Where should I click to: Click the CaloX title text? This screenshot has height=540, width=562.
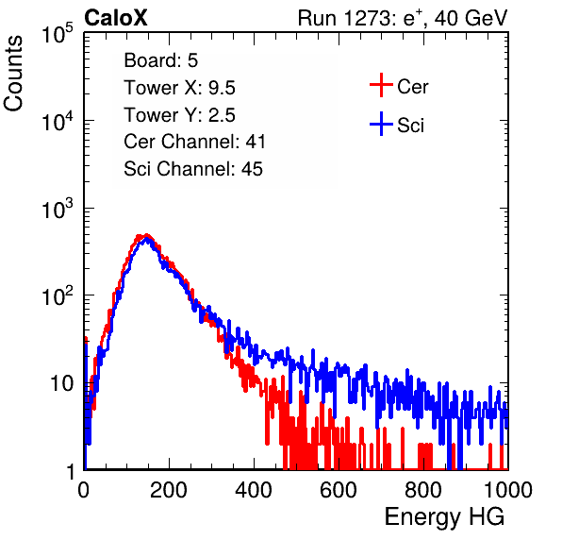[115, 18]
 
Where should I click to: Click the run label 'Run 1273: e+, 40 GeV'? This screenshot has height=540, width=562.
[403, 18]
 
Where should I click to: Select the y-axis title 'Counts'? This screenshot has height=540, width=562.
[13, 74]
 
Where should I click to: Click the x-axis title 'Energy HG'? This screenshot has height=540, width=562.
[444, 517]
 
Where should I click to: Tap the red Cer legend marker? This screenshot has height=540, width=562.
[381, 85]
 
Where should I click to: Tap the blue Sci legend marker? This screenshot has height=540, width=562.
[381, 125]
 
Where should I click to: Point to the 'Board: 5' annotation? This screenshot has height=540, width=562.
[161, 60]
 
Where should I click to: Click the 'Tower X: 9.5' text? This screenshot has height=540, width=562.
[179, 88]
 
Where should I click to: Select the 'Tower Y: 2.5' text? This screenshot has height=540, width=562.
[179, 115]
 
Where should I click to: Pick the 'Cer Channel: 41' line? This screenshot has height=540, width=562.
[194, 142]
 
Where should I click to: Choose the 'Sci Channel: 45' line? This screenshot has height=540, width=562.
[193, 169]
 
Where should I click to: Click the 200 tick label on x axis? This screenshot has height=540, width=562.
[169, 490]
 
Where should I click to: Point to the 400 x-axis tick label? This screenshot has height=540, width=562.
[254, 490]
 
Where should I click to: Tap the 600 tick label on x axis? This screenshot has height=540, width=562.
[339, 490]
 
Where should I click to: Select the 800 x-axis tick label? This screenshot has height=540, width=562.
[423, 490]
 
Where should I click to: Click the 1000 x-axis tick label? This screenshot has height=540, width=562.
[508, 490]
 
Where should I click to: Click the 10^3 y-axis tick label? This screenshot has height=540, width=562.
[58, 209]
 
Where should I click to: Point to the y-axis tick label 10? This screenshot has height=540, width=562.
[61, 383]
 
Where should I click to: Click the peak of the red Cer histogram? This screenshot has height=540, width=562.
[146, 235]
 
